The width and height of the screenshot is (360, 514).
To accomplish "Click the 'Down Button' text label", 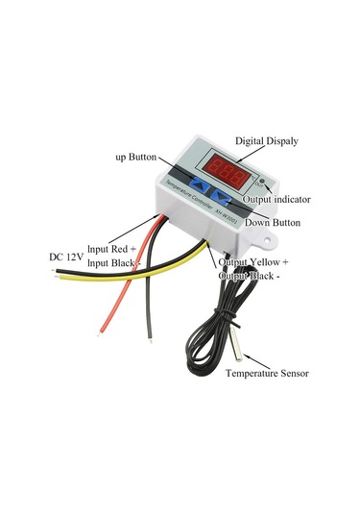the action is (x=274, y=223).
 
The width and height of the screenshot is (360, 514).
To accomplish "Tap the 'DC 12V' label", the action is (x=68, y=257).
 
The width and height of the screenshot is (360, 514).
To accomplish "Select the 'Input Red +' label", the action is (x=114, y=248).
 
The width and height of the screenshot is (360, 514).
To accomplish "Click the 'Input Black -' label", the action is (x=114, y=263).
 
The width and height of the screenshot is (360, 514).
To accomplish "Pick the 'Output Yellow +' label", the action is (x=254, y=261).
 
